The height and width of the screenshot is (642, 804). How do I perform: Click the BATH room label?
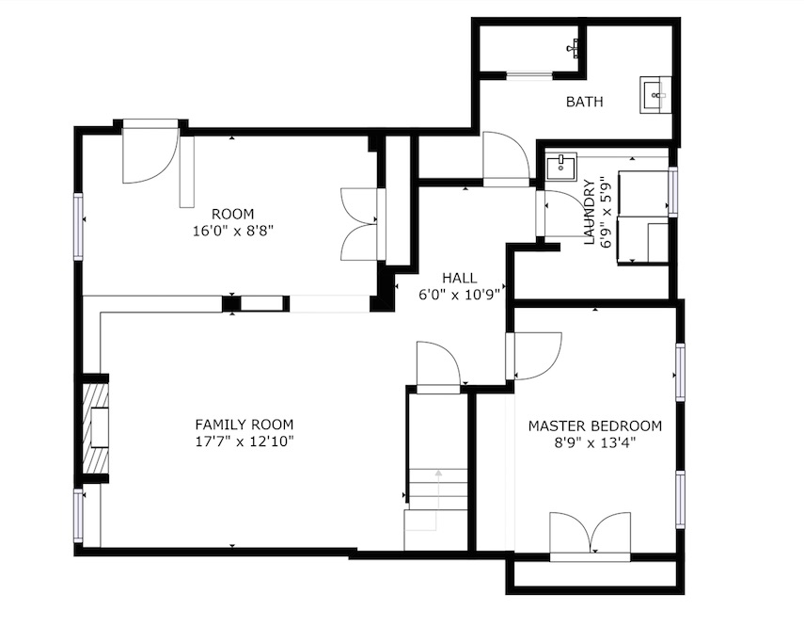[584, 102]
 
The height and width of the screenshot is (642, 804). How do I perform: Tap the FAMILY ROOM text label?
[244, 425]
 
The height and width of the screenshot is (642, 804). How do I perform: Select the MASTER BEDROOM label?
[595, 425]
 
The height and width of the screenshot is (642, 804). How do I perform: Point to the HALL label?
[460, 278]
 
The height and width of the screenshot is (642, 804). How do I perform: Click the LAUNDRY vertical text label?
[590, 212]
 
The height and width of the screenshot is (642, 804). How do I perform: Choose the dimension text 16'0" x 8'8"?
[232, 231]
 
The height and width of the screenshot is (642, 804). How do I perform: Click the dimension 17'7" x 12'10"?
[244, 441]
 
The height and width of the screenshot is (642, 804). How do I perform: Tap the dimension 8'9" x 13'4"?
[595, 442]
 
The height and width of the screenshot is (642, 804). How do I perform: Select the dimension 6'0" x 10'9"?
[460, 295]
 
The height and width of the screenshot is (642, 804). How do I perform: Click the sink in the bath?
[655, 95]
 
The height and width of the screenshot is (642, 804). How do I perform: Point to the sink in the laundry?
[561, 167]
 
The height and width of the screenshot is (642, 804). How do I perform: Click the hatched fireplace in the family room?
[97, 428]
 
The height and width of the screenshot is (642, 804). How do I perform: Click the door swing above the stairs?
[438, 367]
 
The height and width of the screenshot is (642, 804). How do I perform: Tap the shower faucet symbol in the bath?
[574, 48]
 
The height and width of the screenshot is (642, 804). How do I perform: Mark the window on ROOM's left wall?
[78, 226]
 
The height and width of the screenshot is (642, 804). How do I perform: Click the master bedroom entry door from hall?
[533, 357]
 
